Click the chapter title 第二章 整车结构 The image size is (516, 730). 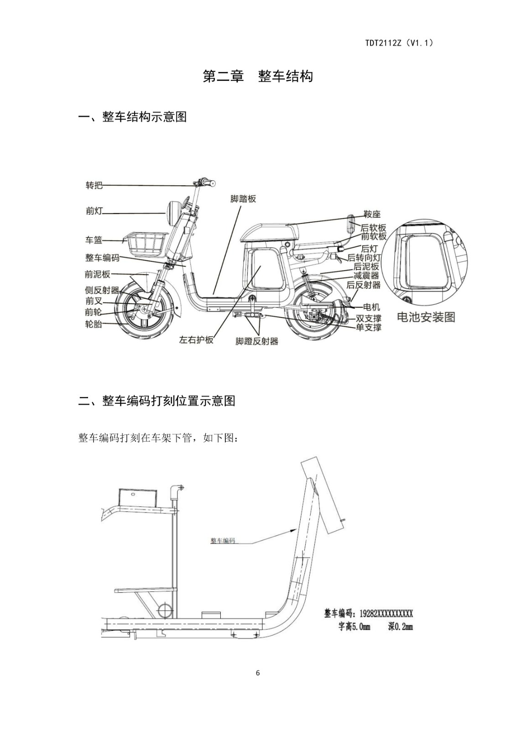[x=258, y=76]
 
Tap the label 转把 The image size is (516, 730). [x=94, y=185]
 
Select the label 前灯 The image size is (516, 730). [x=94, y=211]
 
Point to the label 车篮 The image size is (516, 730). [x=94, y=240]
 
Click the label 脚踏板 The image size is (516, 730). [x=243, y=199]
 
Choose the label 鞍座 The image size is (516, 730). [x=372, y=214]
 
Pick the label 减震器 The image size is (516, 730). [x=366, y=276]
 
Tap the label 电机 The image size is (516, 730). [x=371, y=307]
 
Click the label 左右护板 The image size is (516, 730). [x=196, y=340]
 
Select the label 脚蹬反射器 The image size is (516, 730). [x=257, y=341]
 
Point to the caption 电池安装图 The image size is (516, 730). [x=426, y=317]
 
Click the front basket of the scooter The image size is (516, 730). [x=146, y=244]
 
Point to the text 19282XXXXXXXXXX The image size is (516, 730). [x=386, y=614]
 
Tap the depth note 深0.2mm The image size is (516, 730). [x=400, y=627]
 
